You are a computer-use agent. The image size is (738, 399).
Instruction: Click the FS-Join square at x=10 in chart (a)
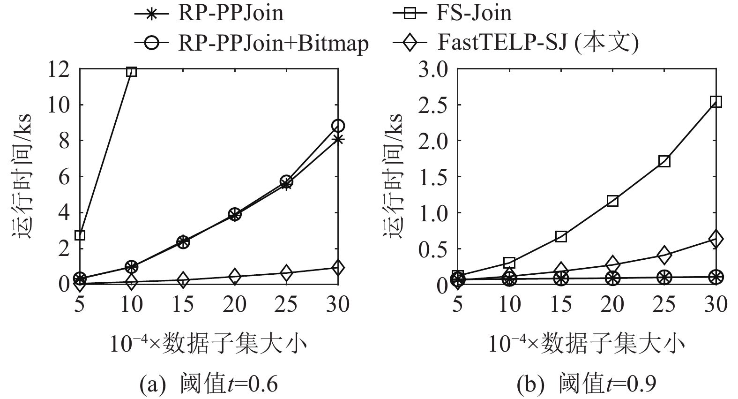(x=132, y=71)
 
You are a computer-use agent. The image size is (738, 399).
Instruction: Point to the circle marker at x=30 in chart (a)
(x=338, y=126)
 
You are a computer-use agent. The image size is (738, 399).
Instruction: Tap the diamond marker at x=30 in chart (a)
(x=338, y=268)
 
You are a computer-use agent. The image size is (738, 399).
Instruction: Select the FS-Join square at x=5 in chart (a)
(x=80, y=235)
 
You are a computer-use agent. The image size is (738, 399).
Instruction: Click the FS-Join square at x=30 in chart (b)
(x=716, y=102)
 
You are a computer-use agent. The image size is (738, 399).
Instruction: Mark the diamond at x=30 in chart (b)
(x=716, y=239)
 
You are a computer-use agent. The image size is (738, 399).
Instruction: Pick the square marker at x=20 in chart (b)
(x=612, y=201)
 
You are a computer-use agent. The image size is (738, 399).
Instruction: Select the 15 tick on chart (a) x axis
(x=183, y=305)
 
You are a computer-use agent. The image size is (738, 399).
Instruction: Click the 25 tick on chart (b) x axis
(x=664, y=305)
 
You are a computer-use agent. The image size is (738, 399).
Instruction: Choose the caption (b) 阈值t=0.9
(x=586, y=384)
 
